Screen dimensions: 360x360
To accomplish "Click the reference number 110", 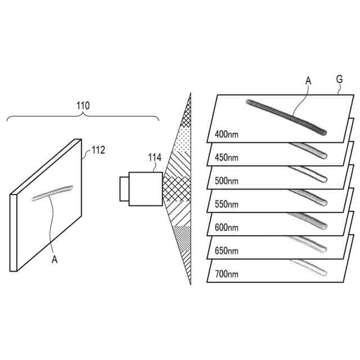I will (83, 105).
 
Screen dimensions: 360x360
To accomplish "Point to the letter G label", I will (339, 80).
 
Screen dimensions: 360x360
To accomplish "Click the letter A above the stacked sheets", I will (308, 81).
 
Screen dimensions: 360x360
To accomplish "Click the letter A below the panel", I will (55, 259).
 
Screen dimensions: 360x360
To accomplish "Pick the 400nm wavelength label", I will (227, 135).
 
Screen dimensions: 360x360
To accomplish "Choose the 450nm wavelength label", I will (227, 158).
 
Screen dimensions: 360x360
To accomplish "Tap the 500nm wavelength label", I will (227, 182).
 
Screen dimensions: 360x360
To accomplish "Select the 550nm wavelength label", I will (227, 205).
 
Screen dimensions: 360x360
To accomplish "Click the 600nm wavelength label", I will (227, 228).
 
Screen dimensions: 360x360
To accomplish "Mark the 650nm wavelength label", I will (227, 251).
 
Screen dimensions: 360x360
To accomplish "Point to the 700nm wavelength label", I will (227, 275).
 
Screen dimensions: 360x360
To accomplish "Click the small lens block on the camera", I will (124, 188).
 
